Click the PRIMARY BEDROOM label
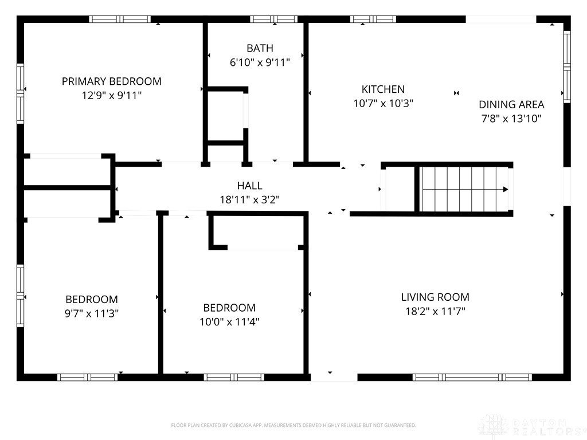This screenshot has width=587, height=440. coord(112,81)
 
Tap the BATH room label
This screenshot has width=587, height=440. coord(260,48)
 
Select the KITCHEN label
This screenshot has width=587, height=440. coord(383,89)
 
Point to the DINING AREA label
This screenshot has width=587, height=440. coord(511,104)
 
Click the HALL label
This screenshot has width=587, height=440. coord(250,186)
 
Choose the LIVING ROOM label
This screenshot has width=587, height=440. coord(435,297)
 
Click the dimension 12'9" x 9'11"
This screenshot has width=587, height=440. coord(112,96)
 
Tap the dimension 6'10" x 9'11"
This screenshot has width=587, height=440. coord(260,62)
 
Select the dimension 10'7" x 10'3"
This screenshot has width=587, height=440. coord(383,103)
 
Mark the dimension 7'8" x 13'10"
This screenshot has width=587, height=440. coord(511,119)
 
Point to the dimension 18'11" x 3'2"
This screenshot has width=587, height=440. coord(250,200)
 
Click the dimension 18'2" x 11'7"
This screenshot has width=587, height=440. coord(435,311)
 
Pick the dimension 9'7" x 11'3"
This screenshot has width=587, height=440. coord(92,313)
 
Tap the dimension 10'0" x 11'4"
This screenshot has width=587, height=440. coord(229,322)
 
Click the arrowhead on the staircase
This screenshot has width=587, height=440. coord(506,189)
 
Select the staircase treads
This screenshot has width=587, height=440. coord(464,189)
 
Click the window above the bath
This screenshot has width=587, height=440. coord(273,19)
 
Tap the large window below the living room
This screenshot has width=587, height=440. coord(472,377)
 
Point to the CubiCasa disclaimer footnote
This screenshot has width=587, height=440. coord(293,426)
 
